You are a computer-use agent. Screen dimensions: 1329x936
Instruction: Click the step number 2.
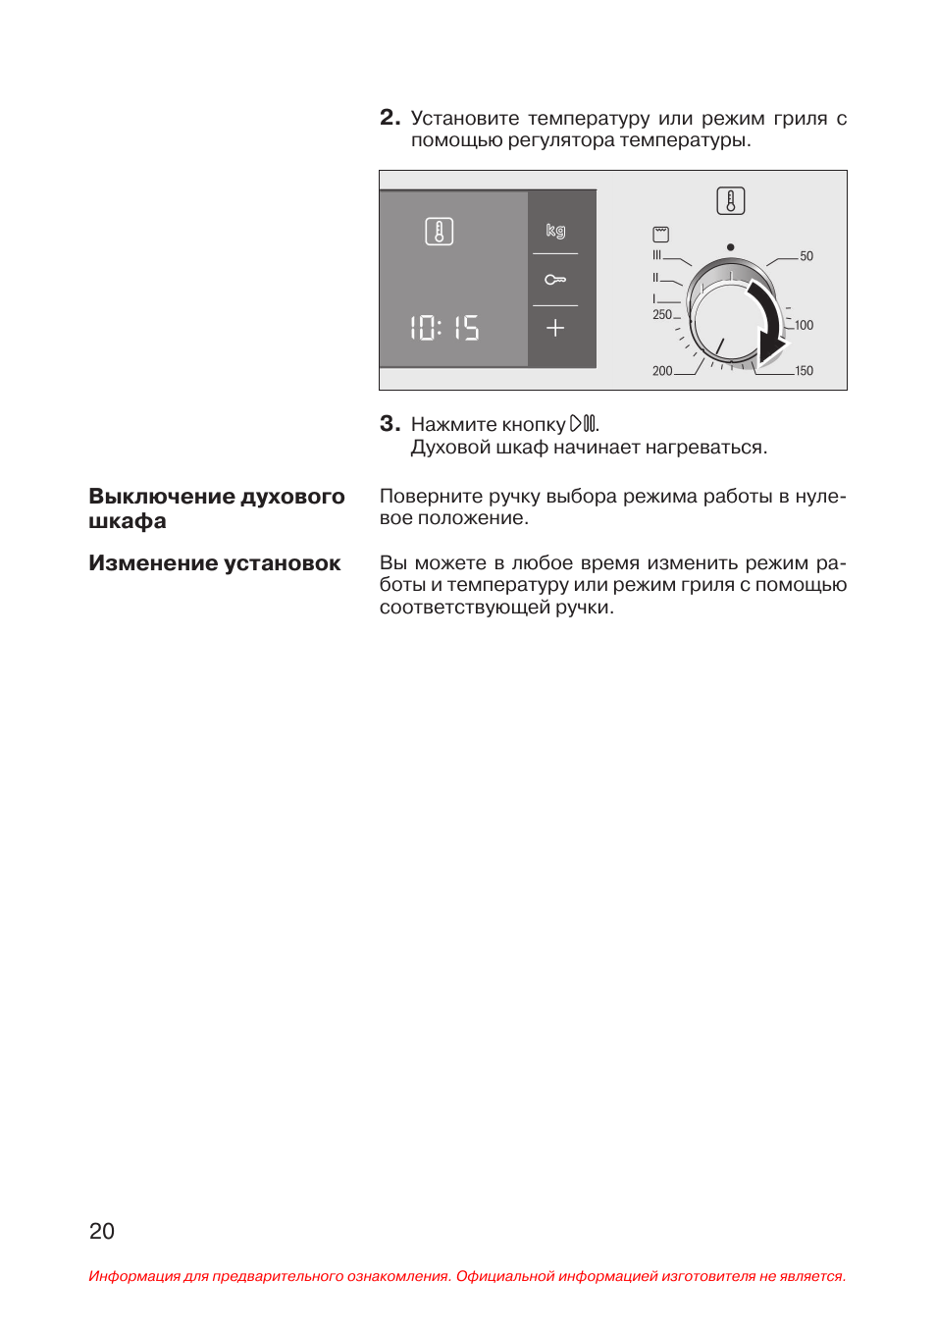[389, 118]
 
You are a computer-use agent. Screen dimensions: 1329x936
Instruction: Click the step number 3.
[389, 424]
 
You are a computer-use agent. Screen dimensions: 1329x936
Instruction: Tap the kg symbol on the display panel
[555, 231]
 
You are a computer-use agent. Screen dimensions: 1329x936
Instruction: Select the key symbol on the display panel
[555, 280]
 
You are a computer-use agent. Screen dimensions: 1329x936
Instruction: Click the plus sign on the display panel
[555, 328]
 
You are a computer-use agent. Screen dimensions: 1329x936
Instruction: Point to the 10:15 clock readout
[444, 328]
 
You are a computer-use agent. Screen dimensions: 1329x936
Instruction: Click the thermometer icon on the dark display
[439, 232]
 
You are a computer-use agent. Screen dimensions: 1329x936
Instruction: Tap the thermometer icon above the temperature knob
[731, 201]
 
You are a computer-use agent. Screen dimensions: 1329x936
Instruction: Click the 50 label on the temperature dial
[806, 256]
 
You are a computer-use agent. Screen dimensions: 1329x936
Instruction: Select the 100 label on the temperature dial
[804, 325]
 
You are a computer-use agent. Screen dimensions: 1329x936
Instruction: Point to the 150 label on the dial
[804, 371]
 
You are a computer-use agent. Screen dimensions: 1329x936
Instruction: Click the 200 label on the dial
[662, 371]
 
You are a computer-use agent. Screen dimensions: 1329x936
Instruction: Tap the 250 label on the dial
[662, 315]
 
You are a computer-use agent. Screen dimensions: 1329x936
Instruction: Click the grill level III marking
[657, 255]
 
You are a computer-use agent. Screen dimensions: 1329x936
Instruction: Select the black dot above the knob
[730, 247]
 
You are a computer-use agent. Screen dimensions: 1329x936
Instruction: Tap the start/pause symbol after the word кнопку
[583, 424]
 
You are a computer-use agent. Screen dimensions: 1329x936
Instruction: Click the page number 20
[102, 1231]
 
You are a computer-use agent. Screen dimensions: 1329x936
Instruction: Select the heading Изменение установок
[215, 563]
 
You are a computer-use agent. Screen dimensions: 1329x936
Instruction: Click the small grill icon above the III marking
[661, 235]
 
